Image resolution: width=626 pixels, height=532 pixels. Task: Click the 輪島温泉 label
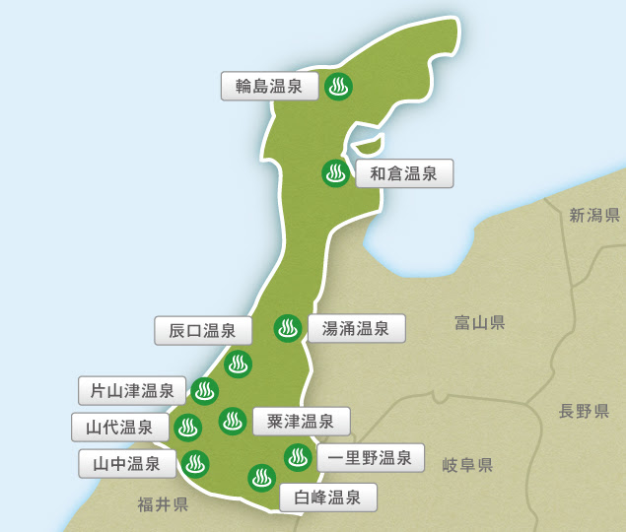click(x=269, y=87)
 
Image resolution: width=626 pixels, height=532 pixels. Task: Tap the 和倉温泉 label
click(x=404, y=174)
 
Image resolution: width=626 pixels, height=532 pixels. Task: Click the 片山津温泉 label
click(x=132, y=391)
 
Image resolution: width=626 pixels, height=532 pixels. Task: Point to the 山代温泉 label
click(x=119, y=428)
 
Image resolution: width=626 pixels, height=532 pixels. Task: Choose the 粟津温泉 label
click(x=301, y=422)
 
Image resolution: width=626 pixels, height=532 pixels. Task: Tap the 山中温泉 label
click(x=126, y=463)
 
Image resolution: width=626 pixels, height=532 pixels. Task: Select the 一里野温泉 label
click(x=370, y=458)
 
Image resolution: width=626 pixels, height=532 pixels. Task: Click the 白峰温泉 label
click(x=327, y=498)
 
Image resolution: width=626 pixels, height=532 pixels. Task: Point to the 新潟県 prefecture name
click(x=594, y=216)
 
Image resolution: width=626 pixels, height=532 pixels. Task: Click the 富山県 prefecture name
click(x=480, y=322)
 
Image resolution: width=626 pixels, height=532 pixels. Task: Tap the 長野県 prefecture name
click(x=584, y=411)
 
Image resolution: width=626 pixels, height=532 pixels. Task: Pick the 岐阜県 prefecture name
click(x=467, y=465)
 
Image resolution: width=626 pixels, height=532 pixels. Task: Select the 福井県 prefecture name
click(x=164, y=505)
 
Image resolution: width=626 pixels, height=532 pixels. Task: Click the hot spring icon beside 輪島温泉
click(x=338, y=87)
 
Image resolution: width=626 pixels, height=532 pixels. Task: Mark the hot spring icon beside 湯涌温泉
click(x=288, y=328)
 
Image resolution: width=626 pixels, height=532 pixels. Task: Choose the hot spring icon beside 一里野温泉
click(x=297, y=457)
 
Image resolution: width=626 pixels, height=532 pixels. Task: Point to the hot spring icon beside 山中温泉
click(x=195, y=463)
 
